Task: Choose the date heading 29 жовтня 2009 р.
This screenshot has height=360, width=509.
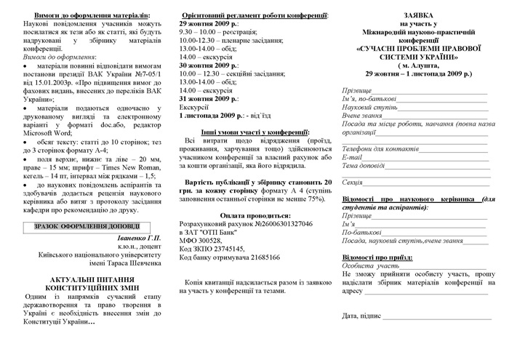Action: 209,23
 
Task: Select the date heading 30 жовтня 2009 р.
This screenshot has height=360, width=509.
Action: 209,65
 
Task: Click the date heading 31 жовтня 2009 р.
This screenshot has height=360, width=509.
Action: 209,97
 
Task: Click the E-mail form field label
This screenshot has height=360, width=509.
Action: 351,157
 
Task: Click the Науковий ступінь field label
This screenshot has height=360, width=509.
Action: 369,107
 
